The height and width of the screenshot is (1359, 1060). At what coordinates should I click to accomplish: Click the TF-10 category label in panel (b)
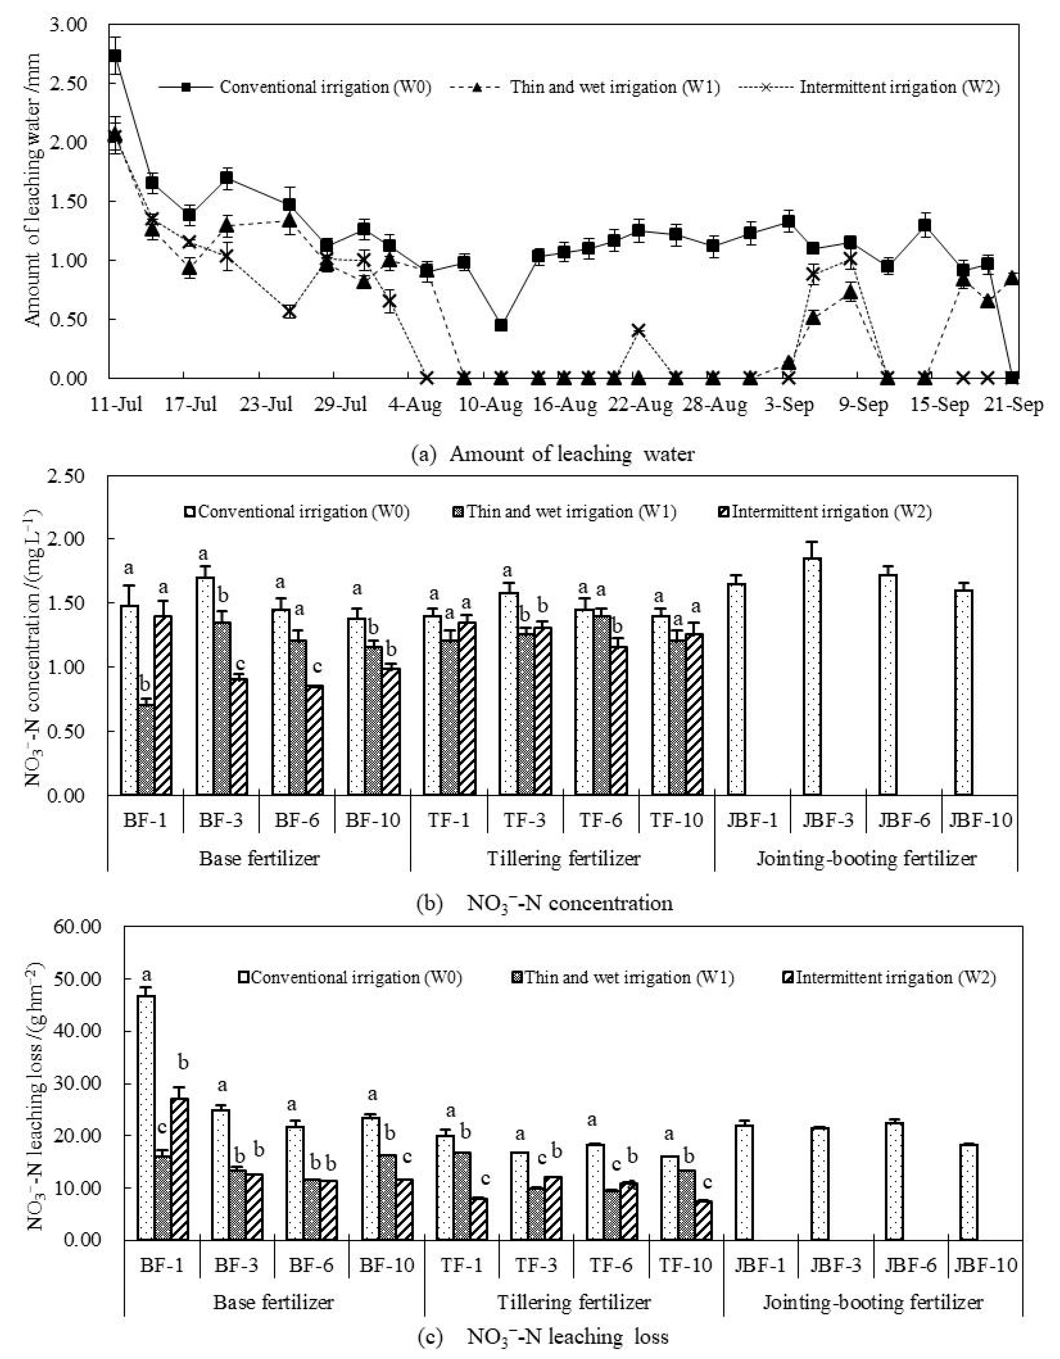coord(677,820)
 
